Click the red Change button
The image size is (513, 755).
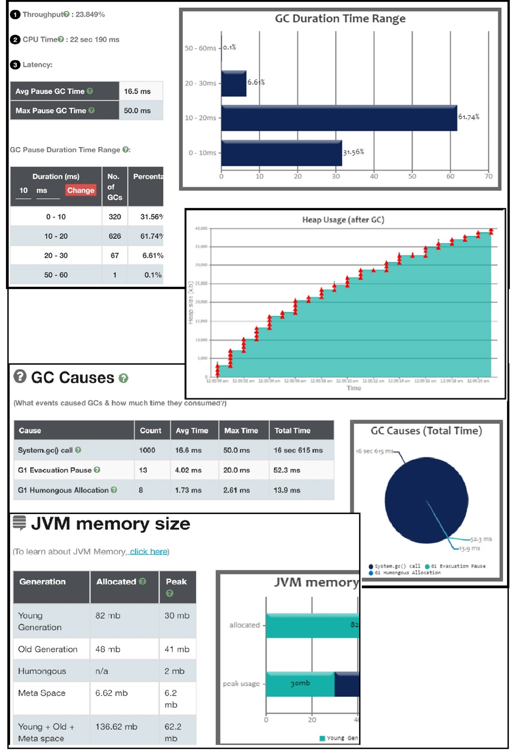coord(81,190)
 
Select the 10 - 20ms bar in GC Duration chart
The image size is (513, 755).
coord(339,118)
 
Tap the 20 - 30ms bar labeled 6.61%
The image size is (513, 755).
coord(234,84)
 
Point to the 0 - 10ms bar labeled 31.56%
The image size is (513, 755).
coord(281,153)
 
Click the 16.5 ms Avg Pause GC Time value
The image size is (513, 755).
coord(137,91)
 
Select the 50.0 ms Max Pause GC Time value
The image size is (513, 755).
coord(137,111)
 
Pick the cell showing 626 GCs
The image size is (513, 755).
coord(115,236)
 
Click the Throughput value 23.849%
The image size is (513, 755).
coord(90,15)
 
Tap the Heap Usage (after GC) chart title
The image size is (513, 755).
coord(343,220)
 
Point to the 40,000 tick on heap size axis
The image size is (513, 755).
coord(201,228)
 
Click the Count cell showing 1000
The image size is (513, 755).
coord(147,450)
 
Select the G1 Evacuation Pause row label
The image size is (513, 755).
coord(55,470)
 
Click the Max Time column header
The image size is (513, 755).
coord(241,431)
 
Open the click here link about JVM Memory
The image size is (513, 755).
coord(148,552)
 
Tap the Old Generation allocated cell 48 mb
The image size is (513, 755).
coord(108,649)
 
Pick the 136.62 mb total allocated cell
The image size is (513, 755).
coord(116,726)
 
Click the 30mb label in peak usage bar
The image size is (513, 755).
coord(300,683)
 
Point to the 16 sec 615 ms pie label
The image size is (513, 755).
coord(374,451)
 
